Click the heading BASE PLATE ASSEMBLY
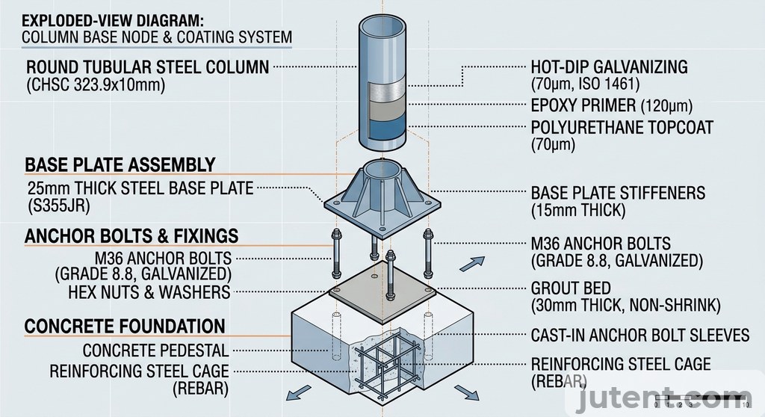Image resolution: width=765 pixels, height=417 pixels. [120, 164]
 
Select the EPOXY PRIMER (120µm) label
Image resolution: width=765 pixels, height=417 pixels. [611, 105]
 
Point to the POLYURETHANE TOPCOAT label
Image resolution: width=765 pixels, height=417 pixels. [622, 127]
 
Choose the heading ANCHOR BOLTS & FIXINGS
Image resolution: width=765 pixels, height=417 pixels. [131, 237]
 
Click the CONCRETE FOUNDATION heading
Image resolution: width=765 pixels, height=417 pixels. [124, 327]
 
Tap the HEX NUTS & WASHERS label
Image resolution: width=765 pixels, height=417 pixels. [149, 291]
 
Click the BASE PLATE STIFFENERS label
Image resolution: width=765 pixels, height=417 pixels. [617, 193]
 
